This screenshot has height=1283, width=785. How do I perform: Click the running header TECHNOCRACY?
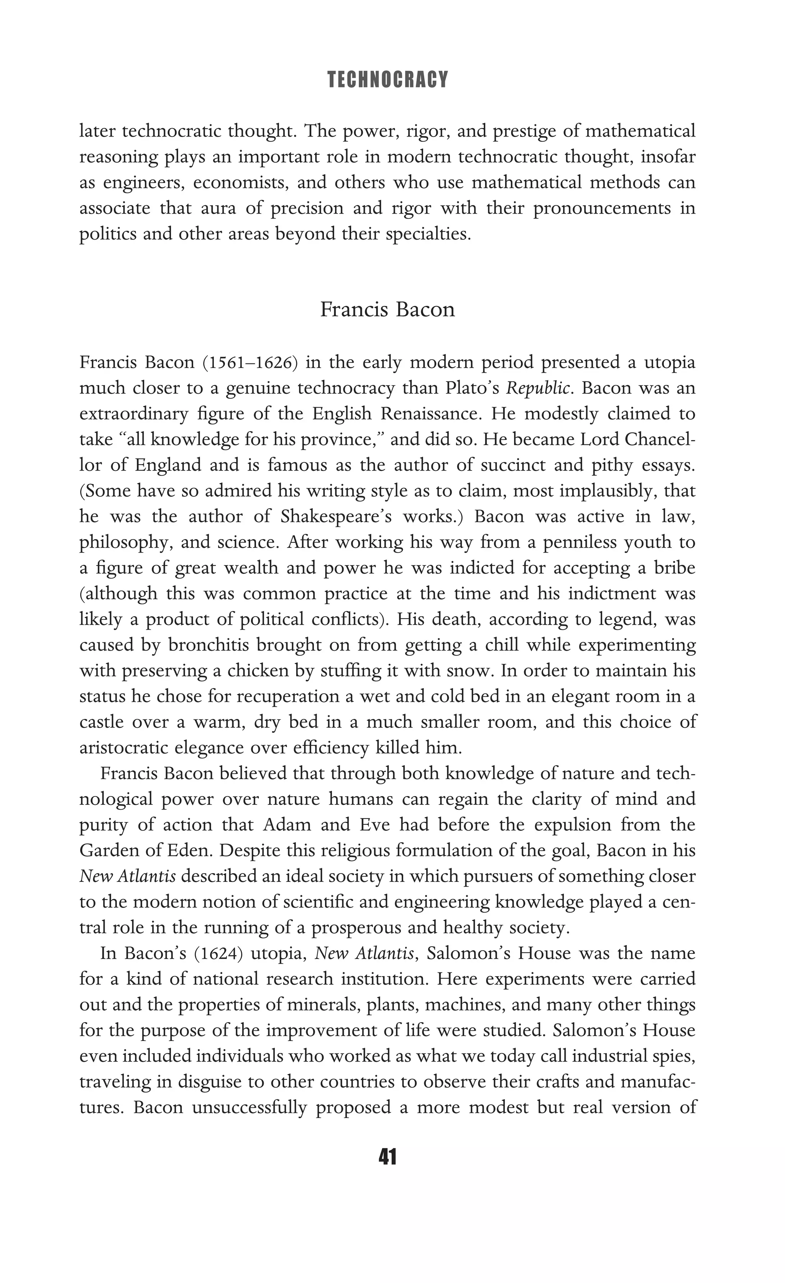[x=388, y=80]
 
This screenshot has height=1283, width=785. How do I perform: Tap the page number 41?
[x=388, y=1156]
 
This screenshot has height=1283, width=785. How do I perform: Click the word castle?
[x=101, y=722]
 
